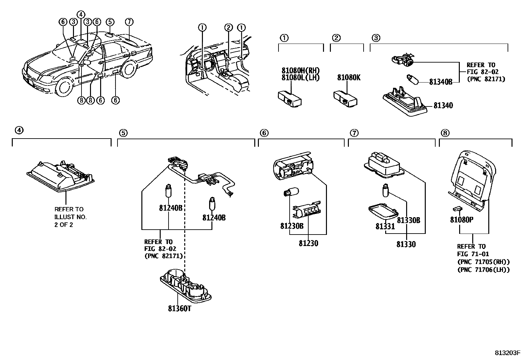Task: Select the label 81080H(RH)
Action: [x=300, y=70]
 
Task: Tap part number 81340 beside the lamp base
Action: [x=443, y=105]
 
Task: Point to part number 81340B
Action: [x=440, y=82]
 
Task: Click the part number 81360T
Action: [x=179, y=309]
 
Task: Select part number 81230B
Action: [x=292, y=226]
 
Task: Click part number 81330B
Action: [x=408, y=220]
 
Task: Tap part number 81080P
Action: [x=461, y=220]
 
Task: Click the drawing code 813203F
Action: [x=507, y=353]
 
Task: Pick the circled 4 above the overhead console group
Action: [x=19, y=130]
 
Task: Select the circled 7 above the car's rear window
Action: [x=129, y=22]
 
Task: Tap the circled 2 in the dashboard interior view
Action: [x=229, y=28]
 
